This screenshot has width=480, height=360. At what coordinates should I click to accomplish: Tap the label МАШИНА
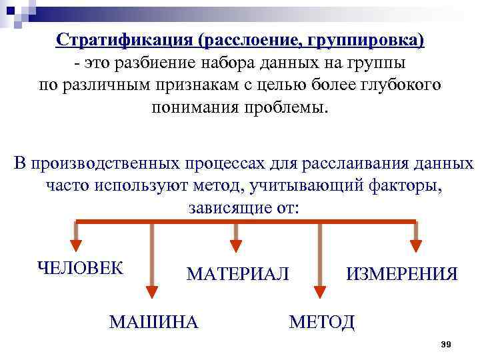point(153,322)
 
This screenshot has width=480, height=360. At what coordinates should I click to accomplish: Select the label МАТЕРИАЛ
point(238,274)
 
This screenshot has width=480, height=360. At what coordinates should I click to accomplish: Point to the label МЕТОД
point(321,322)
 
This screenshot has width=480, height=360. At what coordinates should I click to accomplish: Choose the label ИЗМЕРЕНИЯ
point(402,274)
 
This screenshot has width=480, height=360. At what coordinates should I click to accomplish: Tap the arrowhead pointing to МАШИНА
point(152,291)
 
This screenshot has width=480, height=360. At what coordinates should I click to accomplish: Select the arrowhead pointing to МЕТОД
point(320,291)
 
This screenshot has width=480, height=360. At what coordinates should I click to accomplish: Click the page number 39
point(447,344)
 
